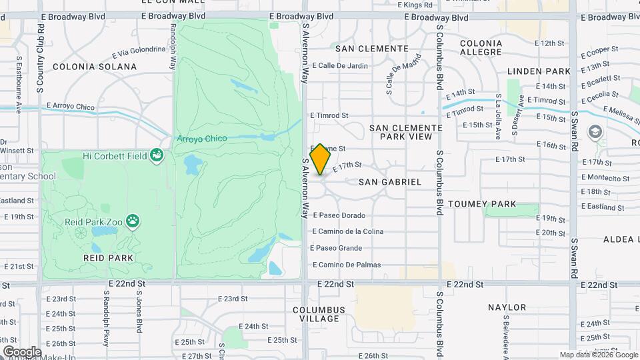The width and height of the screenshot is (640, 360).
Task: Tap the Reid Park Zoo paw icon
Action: coord(134,219)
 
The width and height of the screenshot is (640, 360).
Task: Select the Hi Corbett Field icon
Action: coord(157,155)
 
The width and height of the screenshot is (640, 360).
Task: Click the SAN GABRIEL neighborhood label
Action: coord(390,182)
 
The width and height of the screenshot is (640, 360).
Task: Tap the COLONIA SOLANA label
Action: coord(94,67)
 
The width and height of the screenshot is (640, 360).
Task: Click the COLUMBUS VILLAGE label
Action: coord(319,315)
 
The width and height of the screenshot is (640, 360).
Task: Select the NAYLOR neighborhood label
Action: coord(507,307)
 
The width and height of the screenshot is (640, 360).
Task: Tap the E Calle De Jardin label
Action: coord(339,65)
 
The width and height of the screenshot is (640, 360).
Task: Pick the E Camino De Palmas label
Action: coord(345,265)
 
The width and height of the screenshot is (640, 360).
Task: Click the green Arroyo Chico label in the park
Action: coord(201,139)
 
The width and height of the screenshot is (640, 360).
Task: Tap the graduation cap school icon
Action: coord(593,132)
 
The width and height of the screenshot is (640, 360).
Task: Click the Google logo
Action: coord(22,352)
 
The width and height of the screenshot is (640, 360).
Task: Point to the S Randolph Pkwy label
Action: coord(105,320)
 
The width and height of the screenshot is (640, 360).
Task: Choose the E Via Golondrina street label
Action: coord(139,51)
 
